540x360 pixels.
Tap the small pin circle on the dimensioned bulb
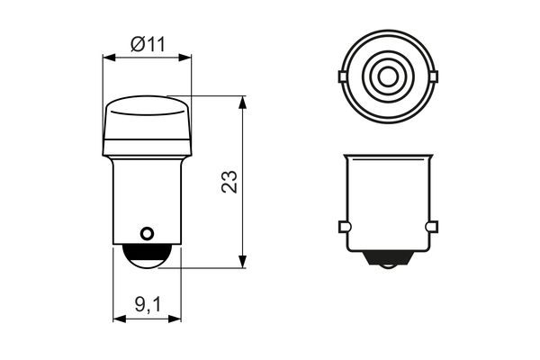(x=147, y=233)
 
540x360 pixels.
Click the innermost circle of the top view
(x=387, y=77)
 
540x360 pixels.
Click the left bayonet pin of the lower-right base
(x=343, y=226)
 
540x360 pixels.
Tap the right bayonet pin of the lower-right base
(x=431, y=226)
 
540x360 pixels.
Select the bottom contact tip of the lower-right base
(x=387, y=264)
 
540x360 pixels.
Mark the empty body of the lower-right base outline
(x=387, y=198)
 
